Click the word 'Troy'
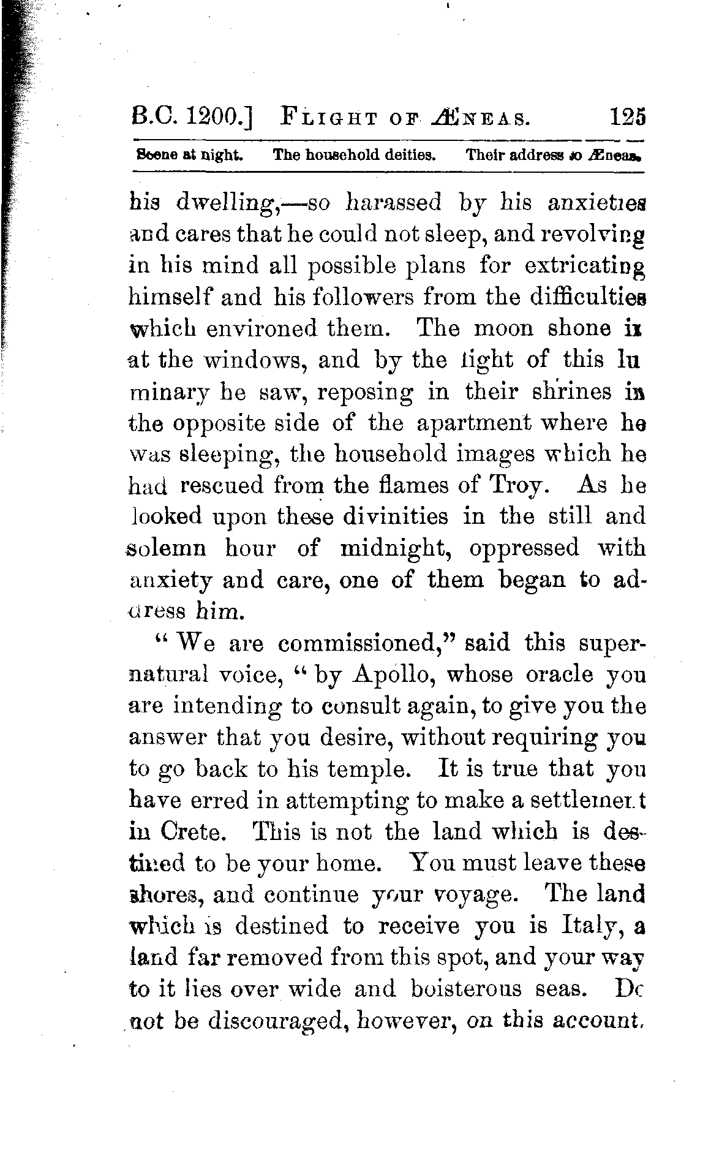point(517,485)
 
